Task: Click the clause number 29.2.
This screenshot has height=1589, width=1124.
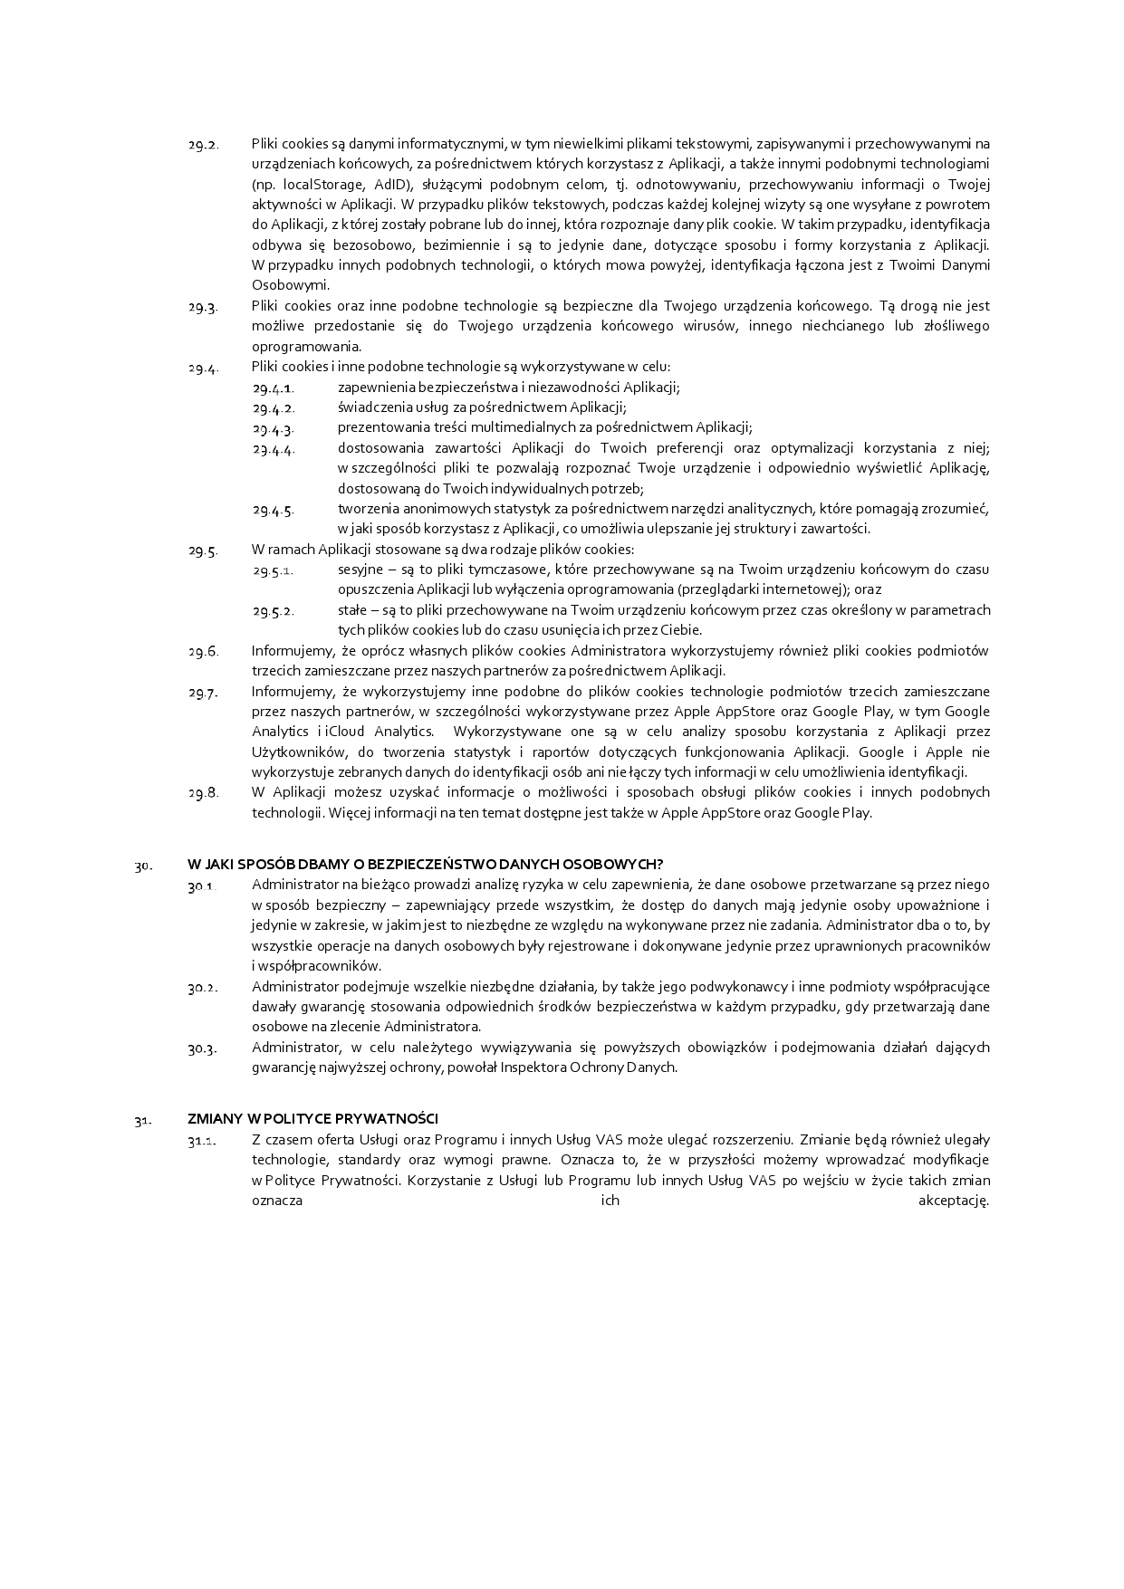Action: [x=203, y=145]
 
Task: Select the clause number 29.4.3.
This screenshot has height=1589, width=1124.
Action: [x=273, y=428]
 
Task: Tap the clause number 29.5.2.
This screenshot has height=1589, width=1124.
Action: [x=273, y=611]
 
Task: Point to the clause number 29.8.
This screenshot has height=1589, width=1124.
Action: [x=203, y=793]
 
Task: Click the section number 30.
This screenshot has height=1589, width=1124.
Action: [x=143, y=866]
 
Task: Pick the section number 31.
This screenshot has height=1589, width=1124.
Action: [x=142, y=1121]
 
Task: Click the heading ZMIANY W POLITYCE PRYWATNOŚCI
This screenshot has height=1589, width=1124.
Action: [x=312, y=1119]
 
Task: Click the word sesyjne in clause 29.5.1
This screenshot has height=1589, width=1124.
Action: [x=360, y=570]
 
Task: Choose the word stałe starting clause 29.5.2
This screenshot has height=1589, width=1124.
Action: [x=352, y=610]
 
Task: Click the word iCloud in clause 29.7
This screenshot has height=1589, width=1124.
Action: [x=346, y=732]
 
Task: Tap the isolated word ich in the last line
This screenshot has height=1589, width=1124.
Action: [x=610, y=1201]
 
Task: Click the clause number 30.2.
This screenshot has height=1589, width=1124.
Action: [x=203, y=988]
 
